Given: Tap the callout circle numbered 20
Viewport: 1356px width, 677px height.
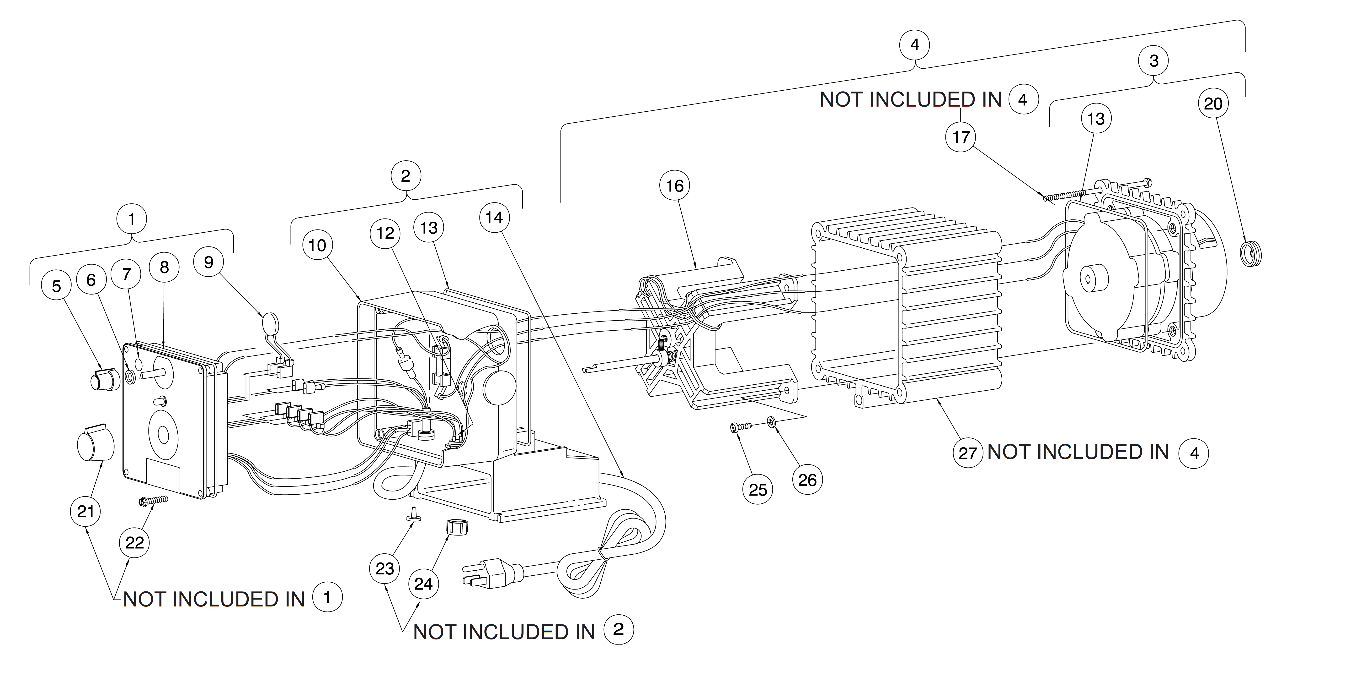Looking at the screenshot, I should tap(1213, 103).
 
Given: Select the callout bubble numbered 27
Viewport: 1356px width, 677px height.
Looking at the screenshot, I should tap(967, 453).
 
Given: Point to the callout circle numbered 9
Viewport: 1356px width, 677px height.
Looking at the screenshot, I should tap(208, 262).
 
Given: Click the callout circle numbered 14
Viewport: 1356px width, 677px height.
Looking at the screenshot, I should tap(494, 218).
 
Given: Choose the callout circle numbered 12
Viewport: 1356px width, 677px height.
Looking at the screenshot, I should tap(385, 233).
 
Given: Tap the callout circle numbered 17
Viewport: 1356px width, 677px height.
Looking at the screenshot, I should tap(961, 137).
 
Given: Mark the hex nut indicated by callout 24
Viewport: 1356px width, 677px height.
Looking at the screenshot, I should tap(454, 525).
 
